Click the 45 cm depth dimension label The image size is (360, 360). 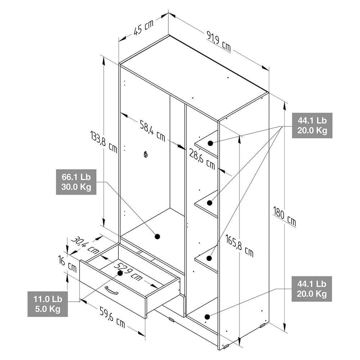[x=143, y=27]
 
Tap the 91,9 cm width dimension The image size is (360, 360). [x=219, y=41]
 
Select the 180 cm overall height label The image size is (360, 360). [x=284, y=216]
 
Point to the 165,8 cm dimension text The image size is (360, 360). [x=239, y=245]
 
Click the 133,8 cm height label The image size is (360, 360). [x=104, y=141]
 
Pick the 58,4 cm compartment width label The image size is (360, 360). [x=152, y=131]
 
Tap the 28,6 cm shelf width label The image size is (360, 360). [x=202, y=159]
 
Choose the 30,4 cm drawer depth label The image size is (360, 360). [x=85, y=246]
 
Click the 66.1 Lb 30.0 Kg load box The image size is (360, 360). [x=76, y=182]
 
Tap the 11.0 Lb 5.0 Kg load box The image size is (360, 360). [x=48, y=304]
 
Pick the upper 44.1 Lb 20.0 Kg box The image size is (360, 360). [x=312, y=125]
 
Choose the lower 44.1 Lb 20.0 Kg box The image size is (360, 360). [x=311, y=289]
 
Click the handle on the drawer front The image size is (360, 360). [x=111, y=290]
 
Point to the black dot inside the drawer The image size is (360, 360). [x=120, y=273]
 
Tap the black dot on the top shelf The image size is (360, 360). [x=210, y=143]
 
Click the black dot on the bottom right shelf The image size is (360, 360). [x=207, y=317]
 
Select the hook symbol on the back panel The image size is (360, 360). [x=145, y=154]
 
